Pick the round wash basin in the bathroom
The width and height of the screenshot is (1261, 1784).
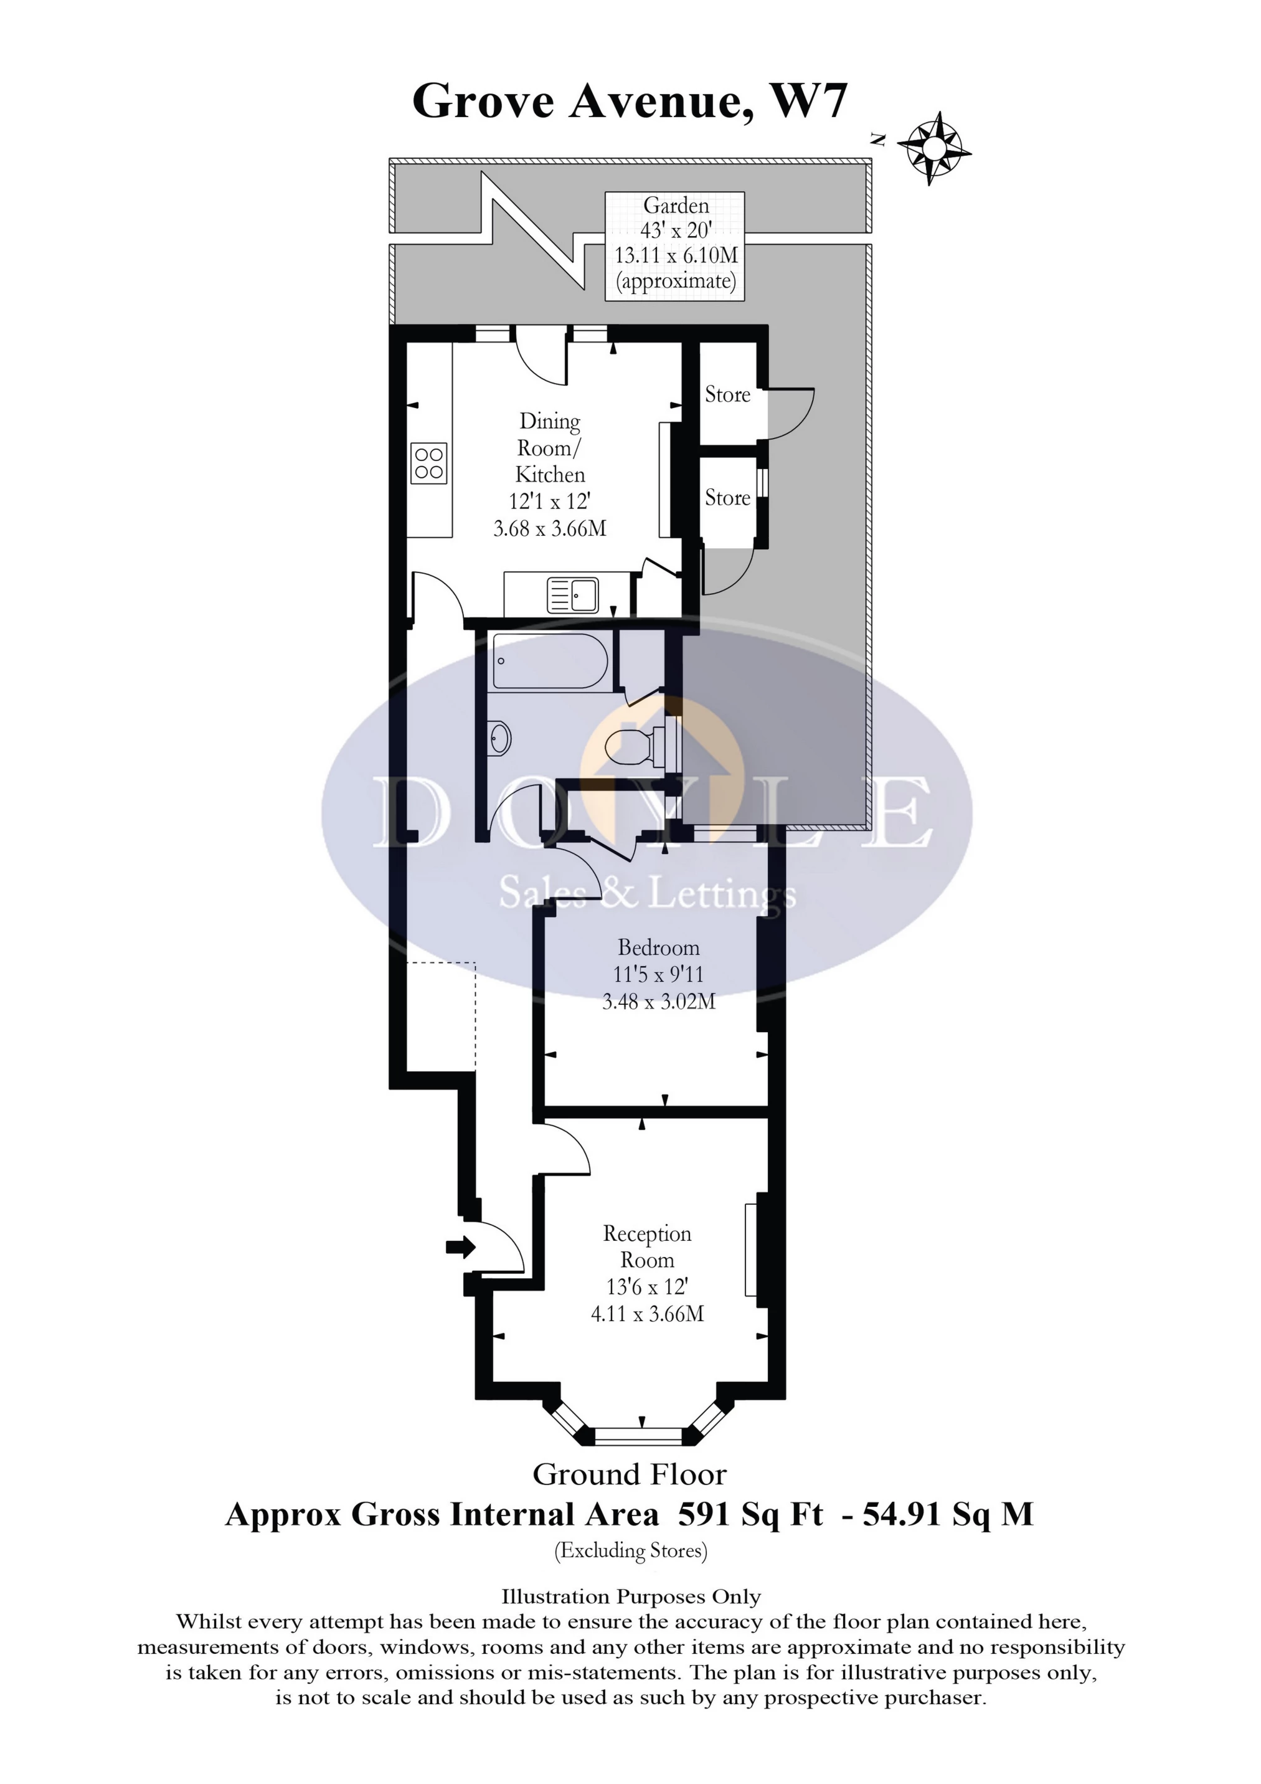[x=499, y=737]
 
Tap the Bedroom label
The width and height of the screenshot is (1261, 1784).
[x=658, y=947]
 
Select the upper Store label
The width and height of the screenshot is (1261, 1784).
[x=727, y=395]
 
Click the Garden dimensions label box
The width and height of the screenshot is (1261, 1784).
[x=675, y=245]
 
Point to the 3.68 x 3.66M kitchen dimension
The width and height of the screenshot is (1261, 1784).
[x=549, y=528]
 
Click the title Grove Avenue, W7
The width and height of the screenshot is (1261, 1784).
[x=630, y=101]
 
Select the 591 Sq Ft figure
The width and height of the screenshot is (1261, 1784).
[x=750, y=1514]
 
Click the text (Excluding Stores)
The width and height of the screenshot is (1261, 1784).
[x=630, y=1551]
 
